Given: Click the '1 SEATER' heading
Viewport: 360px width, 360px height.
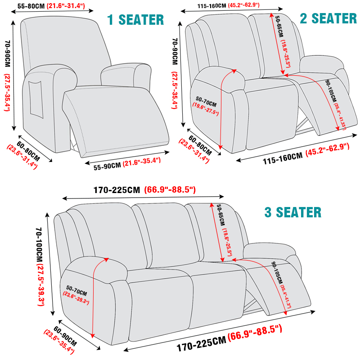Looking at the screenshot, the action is [x=135, y=20].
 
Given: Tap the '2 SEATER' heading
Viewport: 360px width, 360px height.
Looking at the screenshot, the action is [x=328, y=18].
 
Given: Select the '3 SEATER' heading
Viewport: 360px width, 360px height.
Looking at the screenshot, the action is [x=293, y=212].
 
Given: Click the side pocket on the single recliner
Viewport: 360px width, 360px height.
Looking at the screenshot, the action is [x=36, y=99].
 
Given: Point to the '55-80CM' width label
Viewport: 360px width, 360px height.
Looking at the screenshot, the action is [x=31, y=6].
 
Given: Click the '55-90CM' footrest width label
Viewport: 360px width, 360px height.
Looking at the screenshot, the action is [x=107, y=166].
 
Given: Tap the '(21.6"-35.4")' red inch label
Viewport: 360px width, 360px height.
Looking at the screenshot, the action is [x=142, y=162].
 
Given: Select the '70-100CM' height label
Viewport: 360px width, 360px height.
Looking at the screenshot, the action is [x=39, y=245].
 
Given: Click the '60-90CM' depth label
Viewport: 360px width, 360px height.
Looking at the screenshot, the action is [x=65, y=336].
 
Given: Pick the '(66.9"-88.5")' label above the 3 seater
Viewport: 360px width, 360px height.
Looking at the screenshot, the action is [x=170, y=190].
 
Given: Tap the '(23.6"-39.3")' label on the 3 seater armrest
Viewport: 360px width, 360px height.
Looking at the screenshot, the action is [x=76, y=298].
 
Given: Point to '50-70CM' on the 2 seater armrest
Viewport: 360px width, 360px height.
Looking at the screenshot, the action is [x=206, y=102].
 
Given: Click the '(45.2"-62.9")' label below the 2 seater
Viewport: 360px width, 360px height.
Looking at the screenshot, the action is [x=328, y=150].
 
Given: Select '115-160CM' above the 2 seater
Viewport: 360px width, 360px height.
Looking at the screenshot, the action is [x=211, y=6].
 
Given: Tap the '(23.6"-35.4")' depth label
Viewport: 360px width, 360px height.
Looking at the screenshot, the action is [x=59, y=342].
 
